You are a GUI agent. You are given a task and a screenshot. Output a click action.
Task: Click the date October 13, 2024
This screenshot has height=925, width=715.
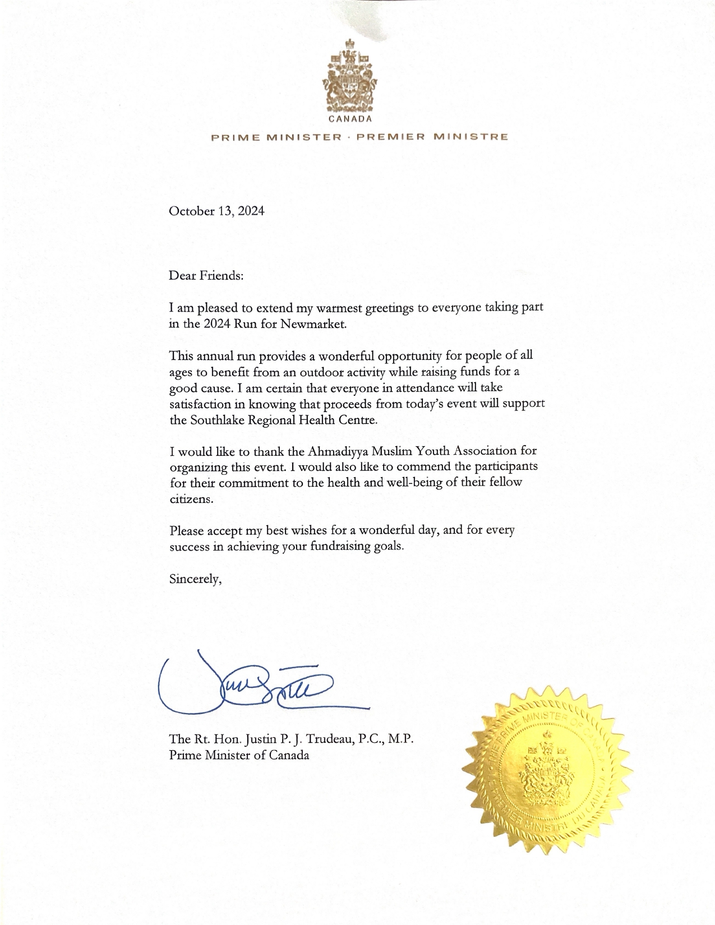216,211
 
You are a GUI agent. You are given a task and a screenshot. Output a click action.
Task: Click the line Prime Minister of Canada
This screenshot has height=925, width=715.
239,755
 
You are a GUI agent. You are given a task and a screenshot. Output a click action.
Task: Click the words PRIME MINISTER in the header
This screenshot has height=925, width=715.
276,137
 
